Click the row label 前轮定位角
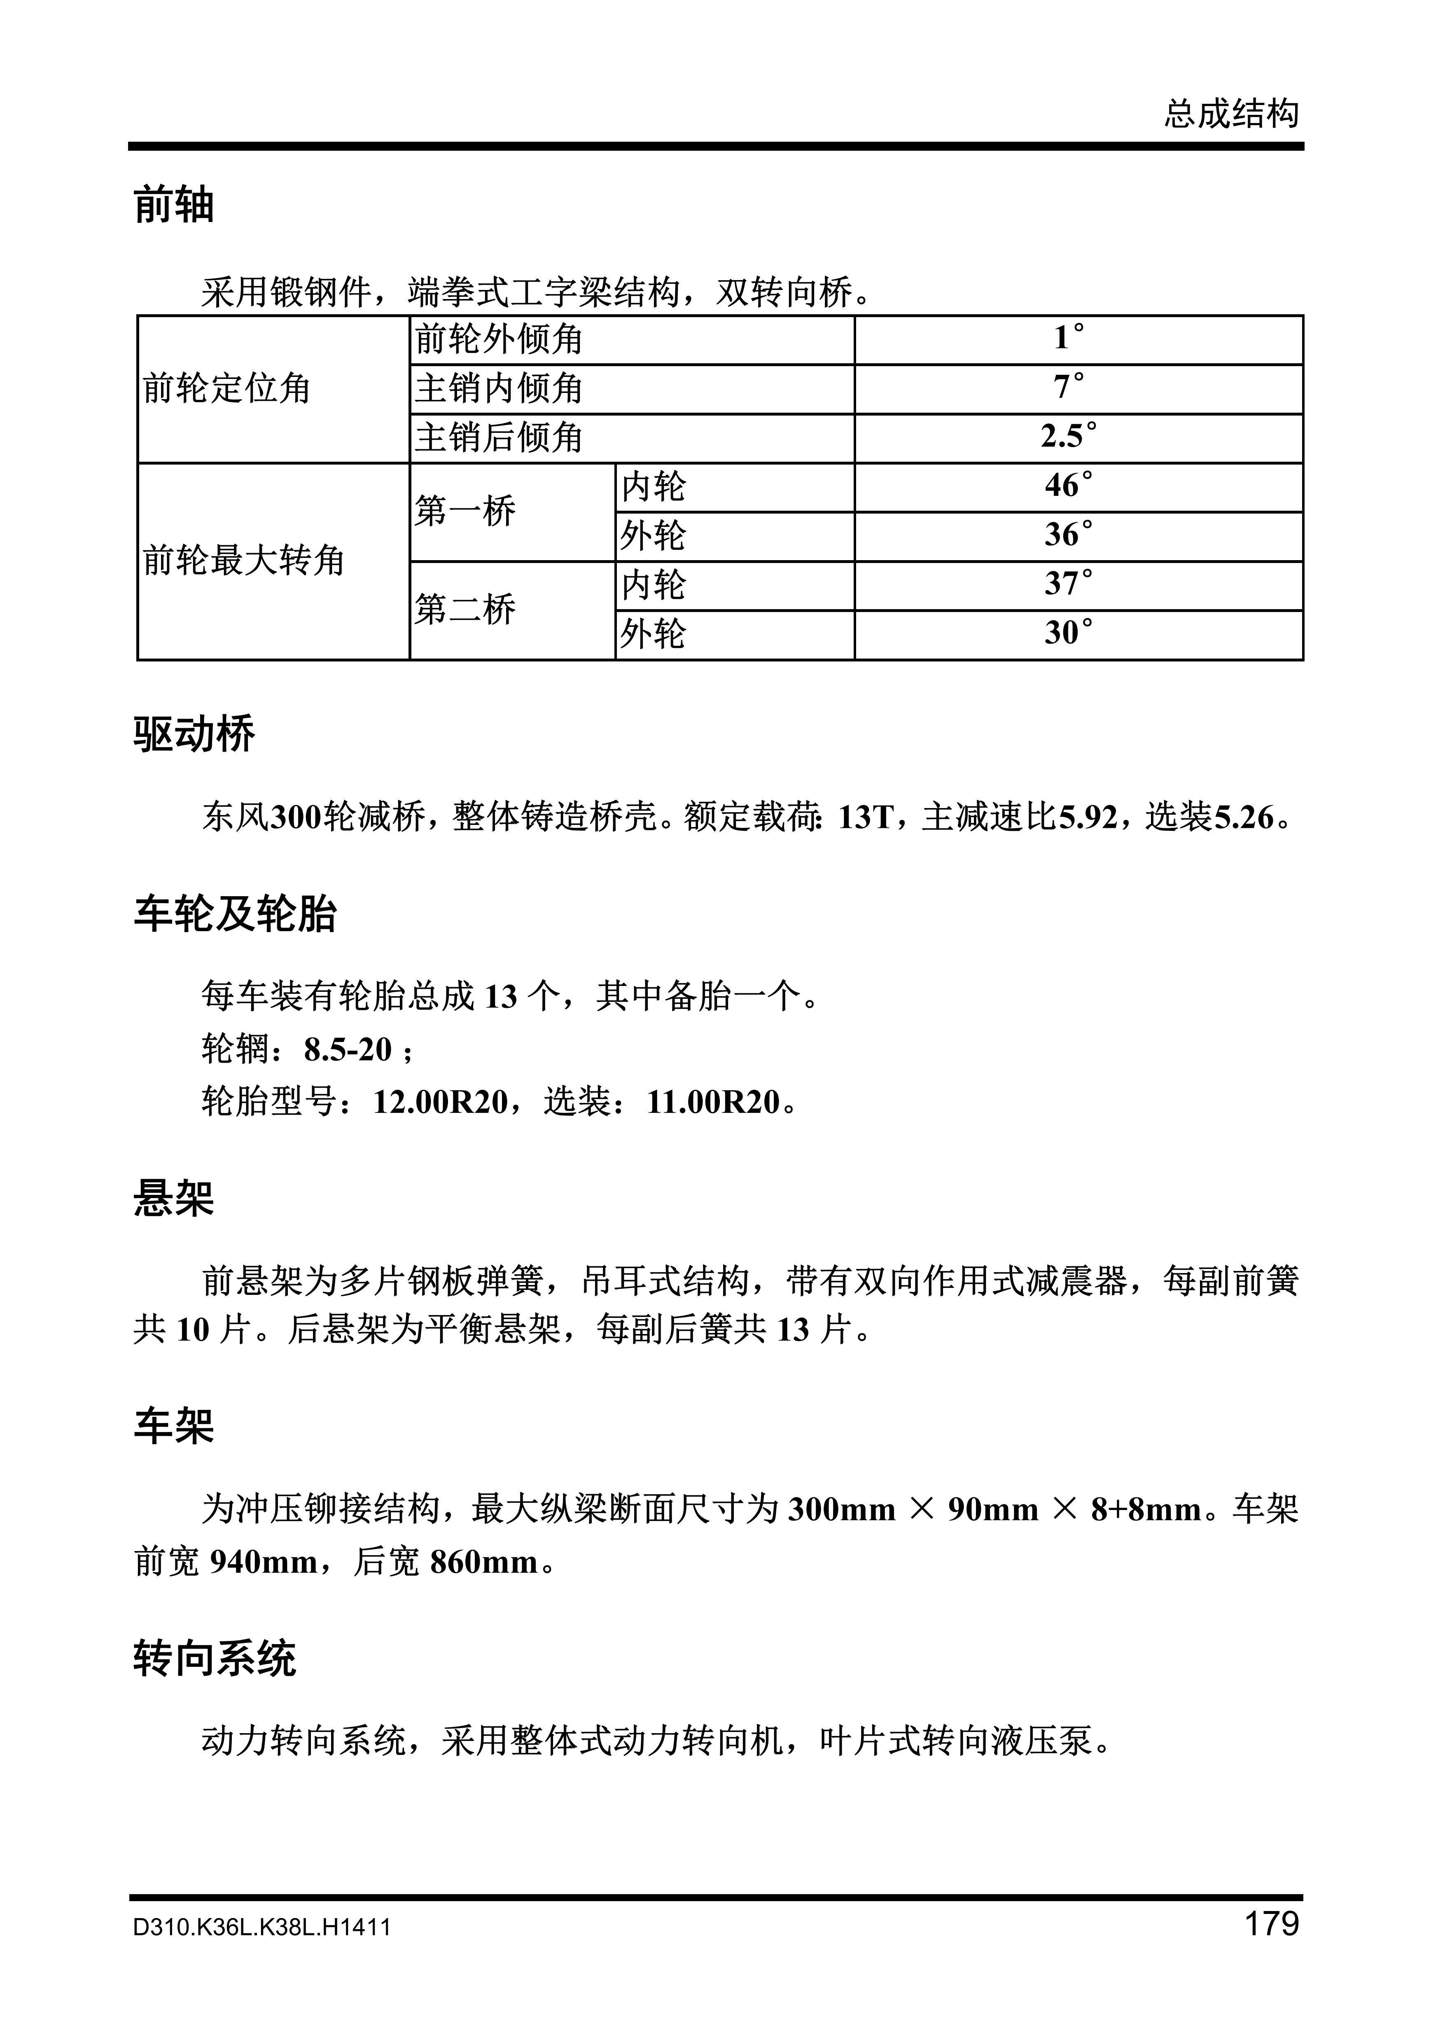point(227,388)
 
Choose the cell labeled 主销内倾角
point(499,388)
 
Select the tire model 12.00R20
point(440,1102)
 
